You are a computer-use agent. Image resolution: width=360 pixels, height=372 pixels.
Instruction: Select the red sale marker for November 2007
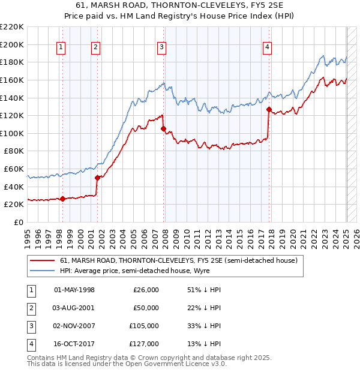click(x=163, y=128)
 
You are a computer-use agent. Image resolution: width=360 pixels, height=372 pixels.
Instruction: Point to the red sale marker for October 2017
click(x=269, y=110)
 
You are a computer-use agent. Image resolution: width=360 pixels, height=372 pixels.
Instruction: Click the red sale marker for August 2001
click(x=97, y=177)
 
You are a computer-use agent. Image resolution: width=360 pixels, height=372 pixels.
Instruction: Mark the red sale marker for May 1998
click(x=63, y=199)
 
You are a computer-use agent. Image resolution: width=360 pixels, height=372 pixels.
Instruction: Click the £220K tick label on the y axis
click(x=12, y=27)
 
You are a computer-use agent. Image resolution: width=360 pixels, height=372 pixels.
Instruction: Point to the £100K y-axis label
click(x=12, y=133)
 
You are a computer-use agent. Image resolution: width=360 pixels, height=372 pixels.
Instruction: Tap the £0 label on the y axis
click(x=18, y=222)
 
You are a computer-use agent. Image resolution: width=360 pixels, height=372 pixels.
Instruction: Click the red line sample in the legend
click(x=43, y=260)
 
